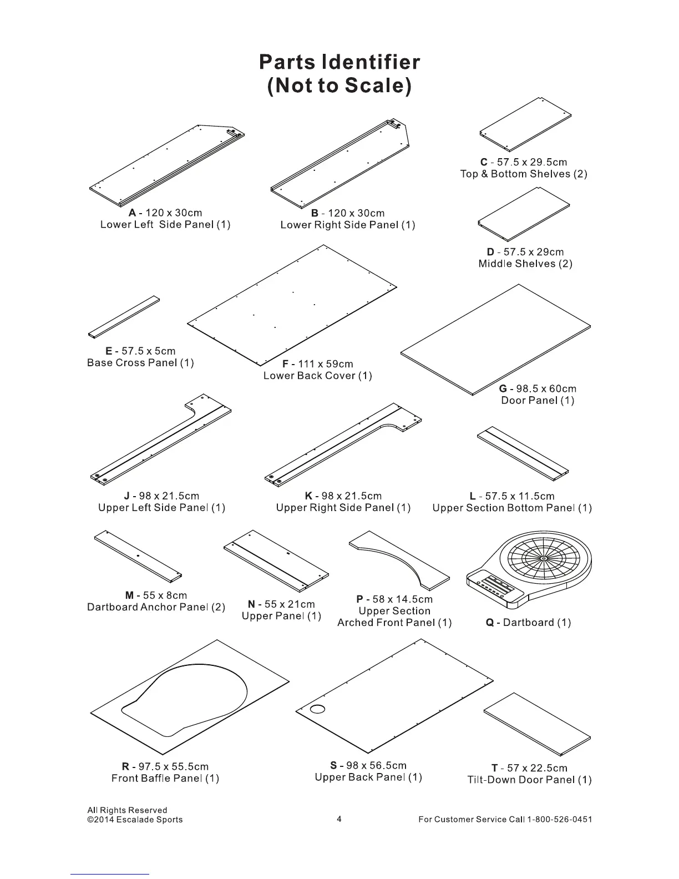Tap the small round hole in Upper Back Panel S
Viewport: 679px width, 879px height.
[x=318, y=709]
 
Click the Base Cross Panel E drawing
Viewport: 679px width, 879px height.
[x=124, y=317]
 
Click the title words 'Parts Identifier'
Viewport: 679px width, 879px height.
[x=339, y=61]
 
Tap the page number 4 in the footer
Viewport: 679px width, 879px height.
[x=339, y=819]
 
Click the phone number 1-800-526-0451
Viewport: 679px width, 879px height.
[x=559, y=820]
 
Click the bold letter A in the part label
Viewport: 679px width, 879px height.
[x=132, y=213]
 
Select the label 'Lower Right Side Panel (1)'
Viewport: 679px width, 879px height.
[x=348, y=225]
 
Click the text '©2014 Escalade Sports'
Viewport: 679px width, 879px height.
[x=135, y=820]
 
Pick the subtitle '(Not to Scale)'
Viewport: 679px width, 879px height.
[x=339, y=86]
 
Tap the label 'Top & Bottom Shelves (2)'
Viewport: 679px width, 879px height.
[x=524, y=174]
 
